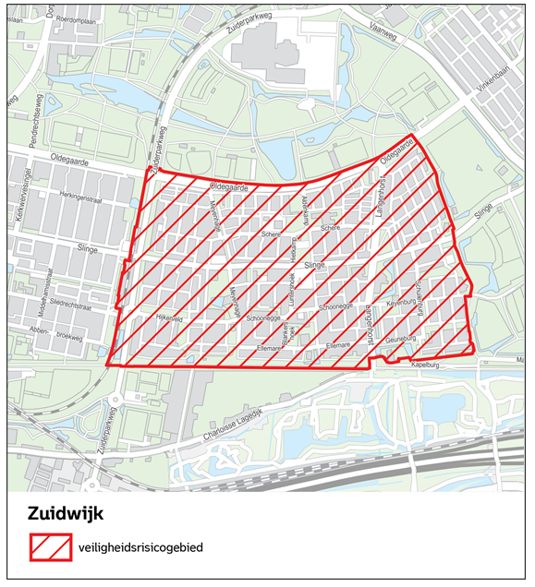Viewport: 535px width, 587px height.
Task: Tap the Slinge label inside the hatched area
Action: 316,264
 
